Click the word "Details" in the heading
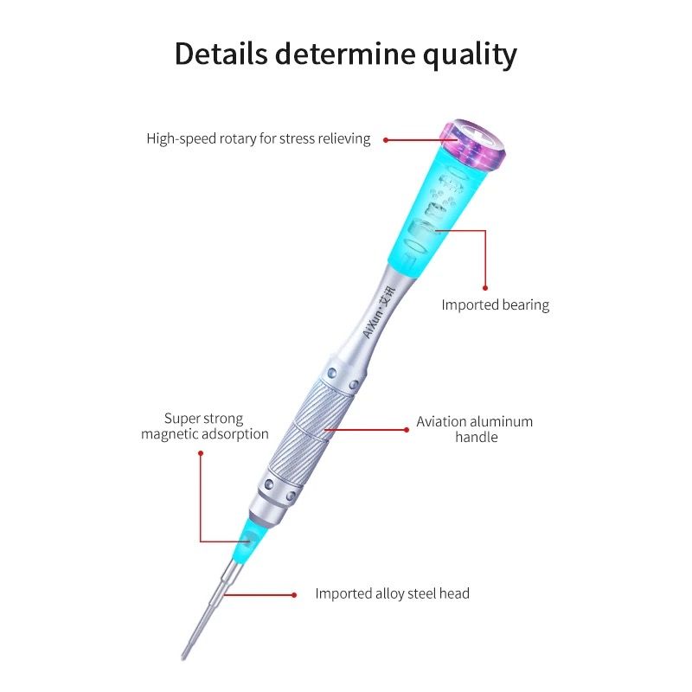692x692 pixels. [x=221, y=54]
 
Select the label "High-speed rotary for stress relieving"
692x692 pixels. [x=258, y=138]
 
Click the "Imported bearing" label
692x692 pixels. [x=495, y=304]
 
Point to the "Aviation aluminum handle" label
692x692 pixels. [x=475, y=429]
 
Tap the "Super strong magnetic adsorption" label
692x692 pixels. [x=205, y=426]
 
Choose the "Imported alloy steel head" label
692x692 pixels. [x=392, y=593]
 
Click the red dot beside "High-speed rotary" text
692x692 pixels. [x=385, y=139]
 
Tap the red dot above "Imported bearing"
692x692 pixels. [x=485, y=287]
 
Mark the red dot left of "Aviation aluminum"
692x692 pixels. [x=406, y=428]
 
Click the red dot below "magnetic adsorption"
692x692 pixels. [x=200, y=450]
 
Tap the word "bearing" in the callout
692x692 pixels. [x=522, y=304]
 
